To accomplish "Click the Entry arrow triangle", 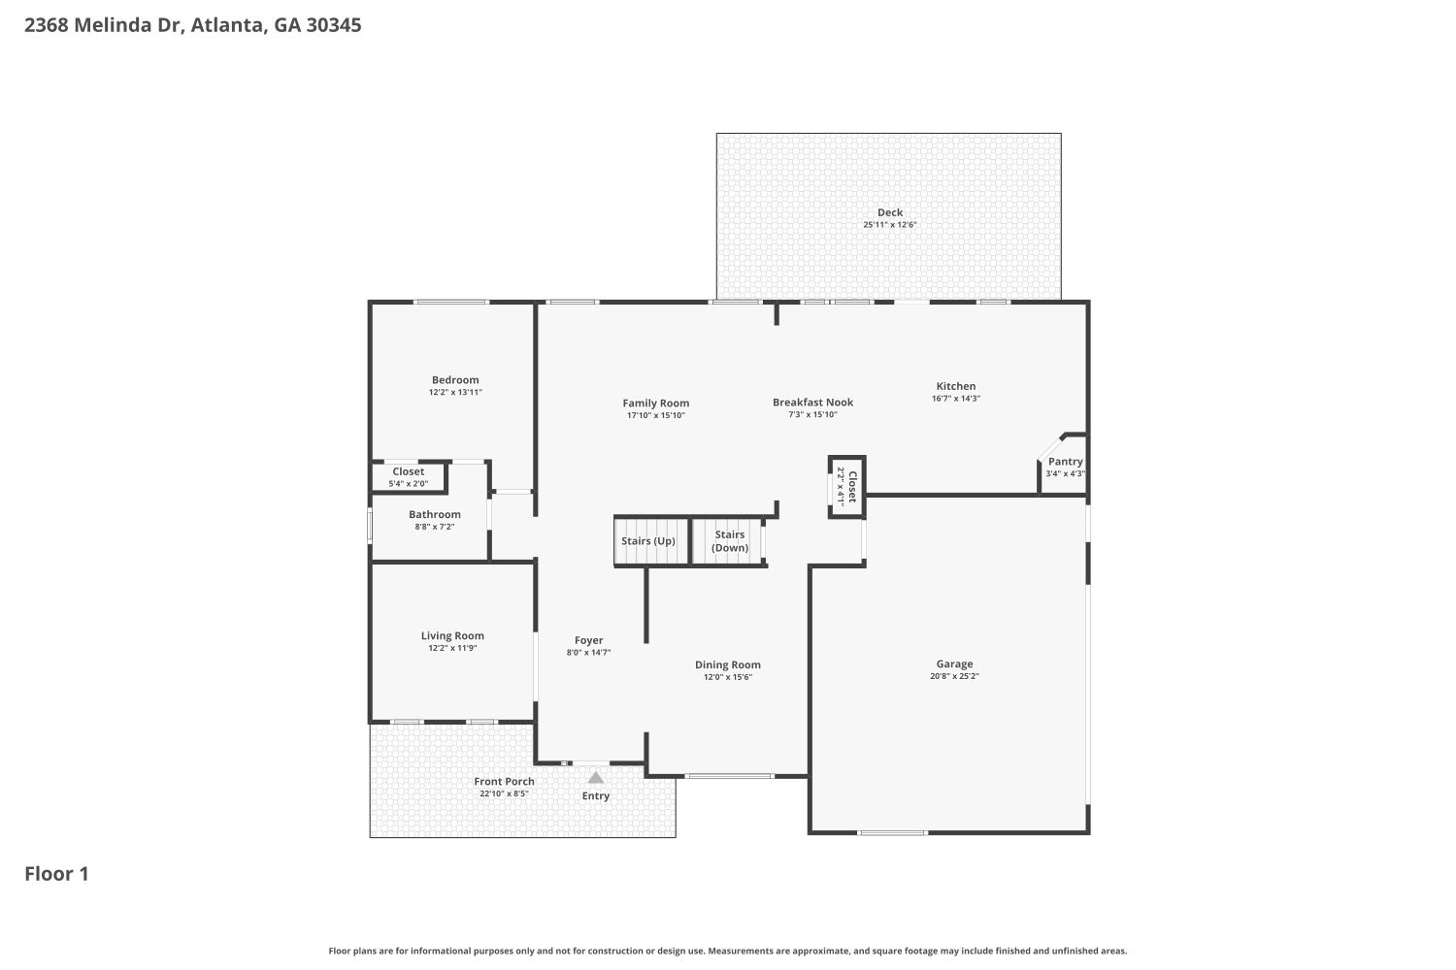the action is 595,778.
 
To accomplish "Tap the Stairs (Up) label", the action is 648,541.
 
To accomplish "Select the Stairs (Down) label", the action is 729,541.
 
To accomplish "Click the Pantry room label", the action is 1066,462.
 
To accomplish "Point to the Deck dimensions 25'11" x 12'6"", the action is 890,225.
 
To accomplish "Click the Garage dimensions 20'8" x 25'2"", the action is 954,676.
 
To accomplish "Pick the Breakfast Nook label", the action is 812,403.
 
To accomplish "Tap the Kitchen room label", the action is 955,386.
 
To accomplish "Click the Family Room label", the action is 656,404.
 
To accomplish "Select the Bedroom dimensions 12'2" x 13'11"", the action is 455,393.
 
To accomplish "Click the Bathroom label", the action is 434,514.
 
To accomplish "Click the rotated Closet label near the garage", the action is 852,487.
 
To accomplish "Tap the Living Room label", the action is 452,636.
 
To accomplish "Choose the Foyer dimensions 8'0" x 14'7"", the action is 588,653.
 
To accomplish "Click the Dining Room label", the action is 727,664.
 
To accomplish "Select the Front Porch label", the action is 504,782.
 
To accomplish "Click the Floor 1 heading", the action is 56,874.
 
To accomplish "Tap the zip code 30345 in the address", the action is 334,24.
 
